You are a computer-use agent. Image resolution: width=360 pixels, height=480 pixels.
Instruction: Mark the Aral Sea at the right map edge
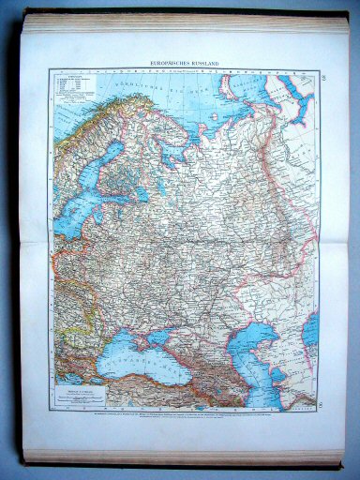click(x=311, y=328)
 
